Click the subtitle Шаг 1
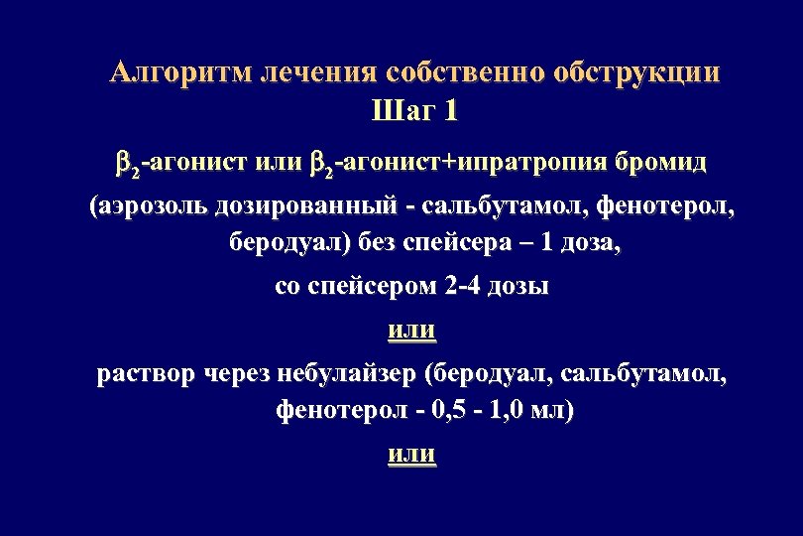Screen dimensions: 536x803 pyautogui.click(x=414, y=110)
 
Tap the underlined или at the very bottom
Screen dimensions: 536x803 pyautogui.click(x=410, y=454)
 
